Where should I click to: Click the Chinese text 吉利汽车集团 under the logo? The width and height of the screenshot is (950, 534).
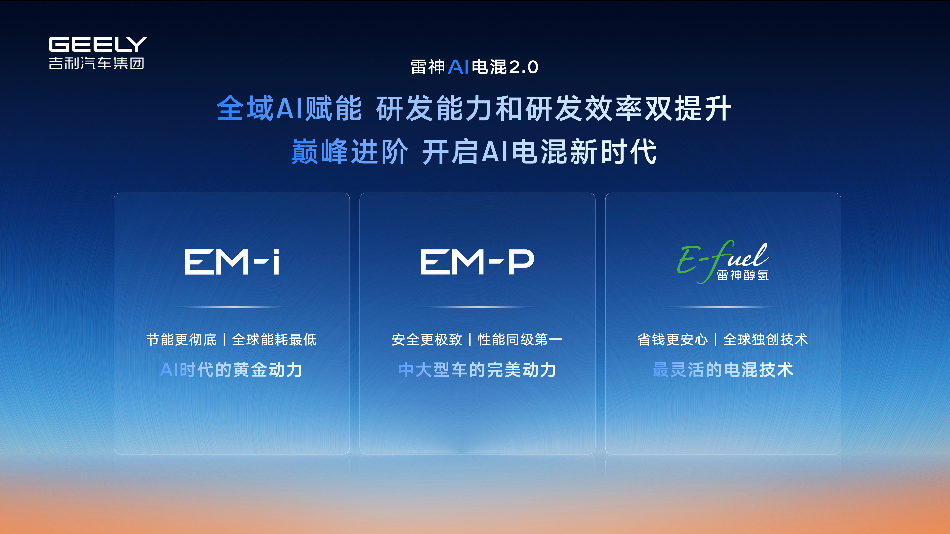pyautogui.click(x=96, y=63)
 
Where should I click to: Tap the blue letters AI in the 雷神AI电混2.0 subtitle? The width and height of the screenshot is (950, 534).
pyautogui.click(x=458, y=67)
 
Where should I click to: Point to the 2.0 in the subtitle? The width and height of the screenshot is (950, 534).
pyautogui.click(x=523, y=67)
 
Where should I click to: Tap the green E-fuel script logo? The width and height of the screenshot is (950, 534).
pyautogui.click(x=723, y=261)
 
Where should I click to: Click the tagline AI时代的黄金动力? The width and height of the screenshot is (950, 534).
pyautogui.click(x=232, y=370)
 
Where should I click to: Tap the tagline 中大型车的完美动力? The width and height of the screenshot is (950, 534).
pyautogui.click(x=477, y=370)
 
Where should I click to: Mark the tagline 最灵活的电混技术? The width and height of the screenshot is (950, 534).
pyautogui.click(x=723, y=370)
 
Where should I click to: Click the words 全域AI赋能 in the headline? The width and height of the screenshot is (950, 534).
pyautogui.click(x=289, y=108)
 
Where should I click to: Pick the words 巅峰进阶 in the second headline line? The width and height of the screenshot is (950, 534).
pyautogui.click(x=350, y=152)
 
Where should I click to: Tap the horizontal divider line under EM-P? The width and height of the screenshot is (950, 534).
pyautogui.click(x=477, y=307)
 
